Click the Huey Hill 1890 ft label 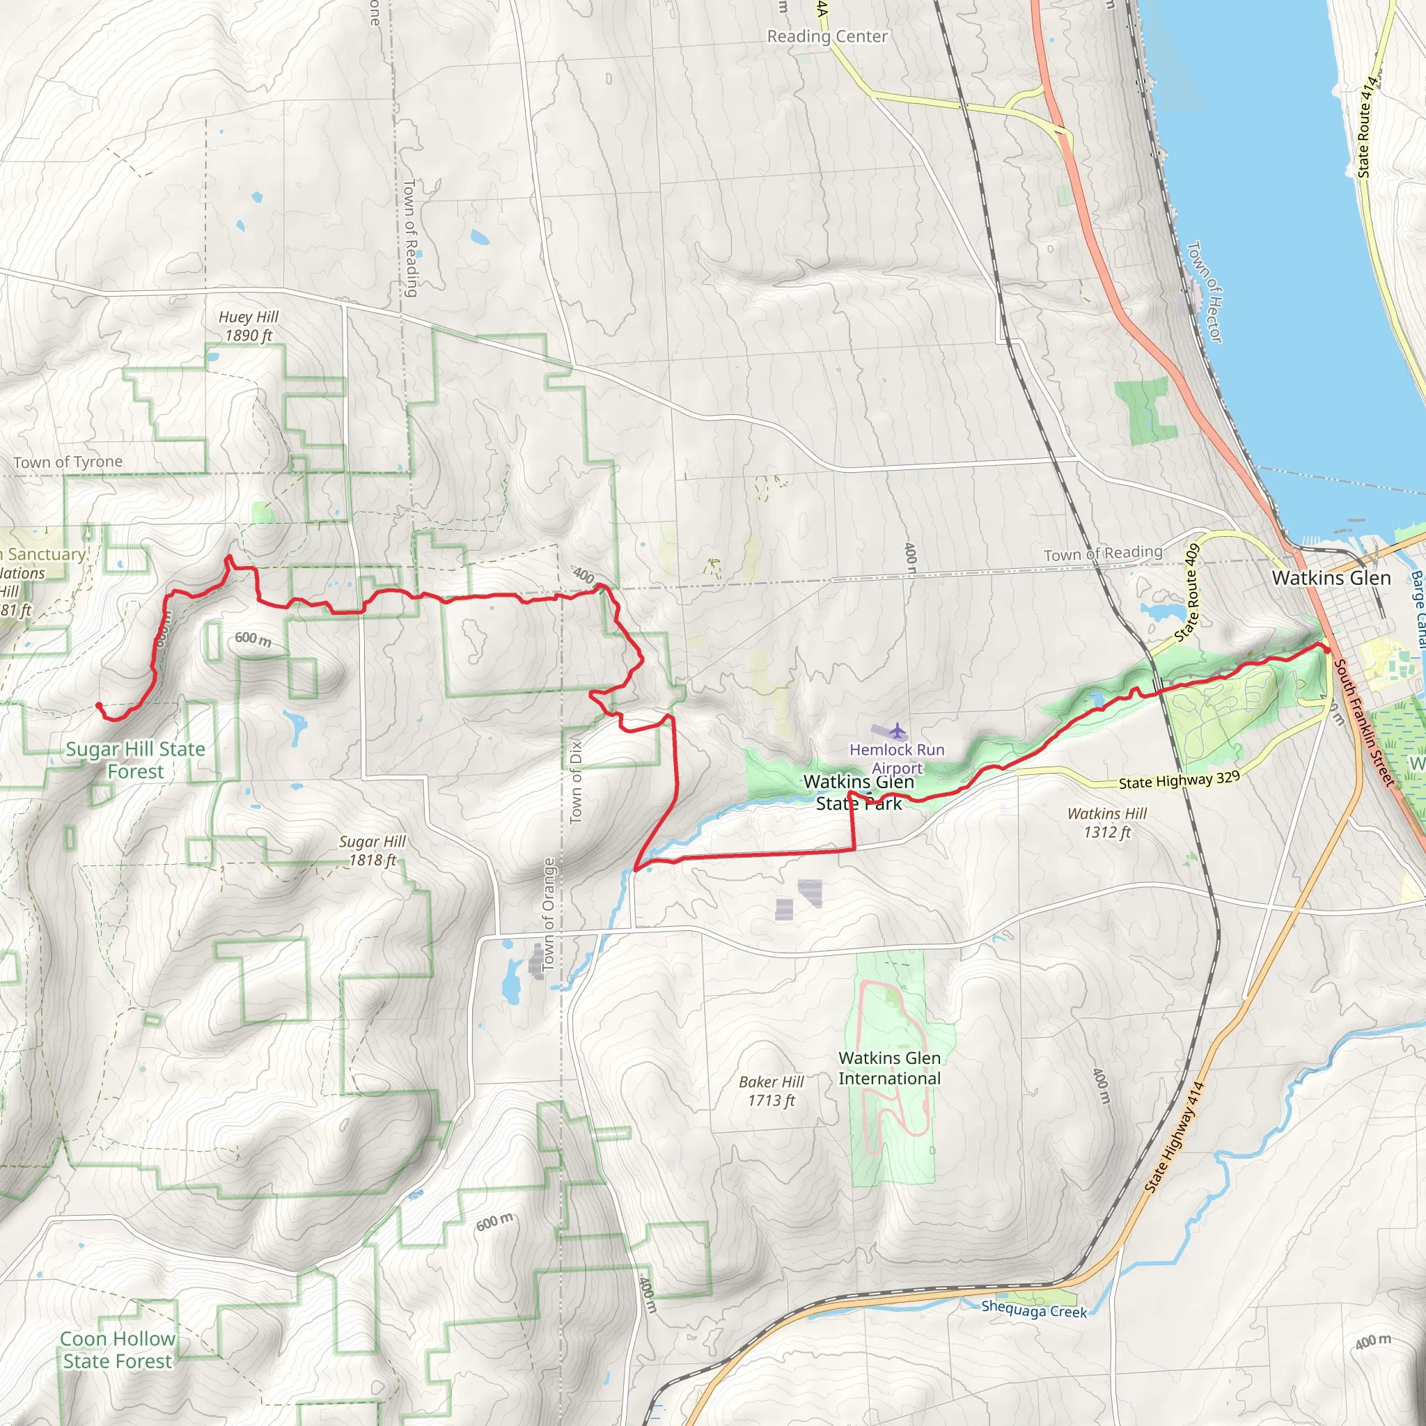[248, 325]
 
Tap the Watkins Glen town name [1331, 578]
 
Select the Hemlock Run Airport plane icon [897, 730]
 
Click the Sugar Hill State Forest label [136, 760]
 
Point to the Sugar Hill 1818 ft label [372, 850]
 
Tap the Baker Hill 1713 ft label [771, 1090]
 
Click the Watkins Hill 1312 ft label [1106, 822]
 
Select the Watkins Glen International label [889, 1068]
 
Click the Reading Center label [826, 36]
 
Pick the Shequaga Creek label [1033, 1311]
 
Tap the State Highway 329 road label [1179, 780]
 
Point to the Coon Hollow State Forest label [118, 1349]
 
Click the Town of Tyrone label [68, 462]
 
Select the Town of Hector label [1205, 292]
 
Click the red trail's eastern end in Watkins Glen [1326, 650]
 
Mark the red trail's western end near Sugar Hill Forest [99, 705]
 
